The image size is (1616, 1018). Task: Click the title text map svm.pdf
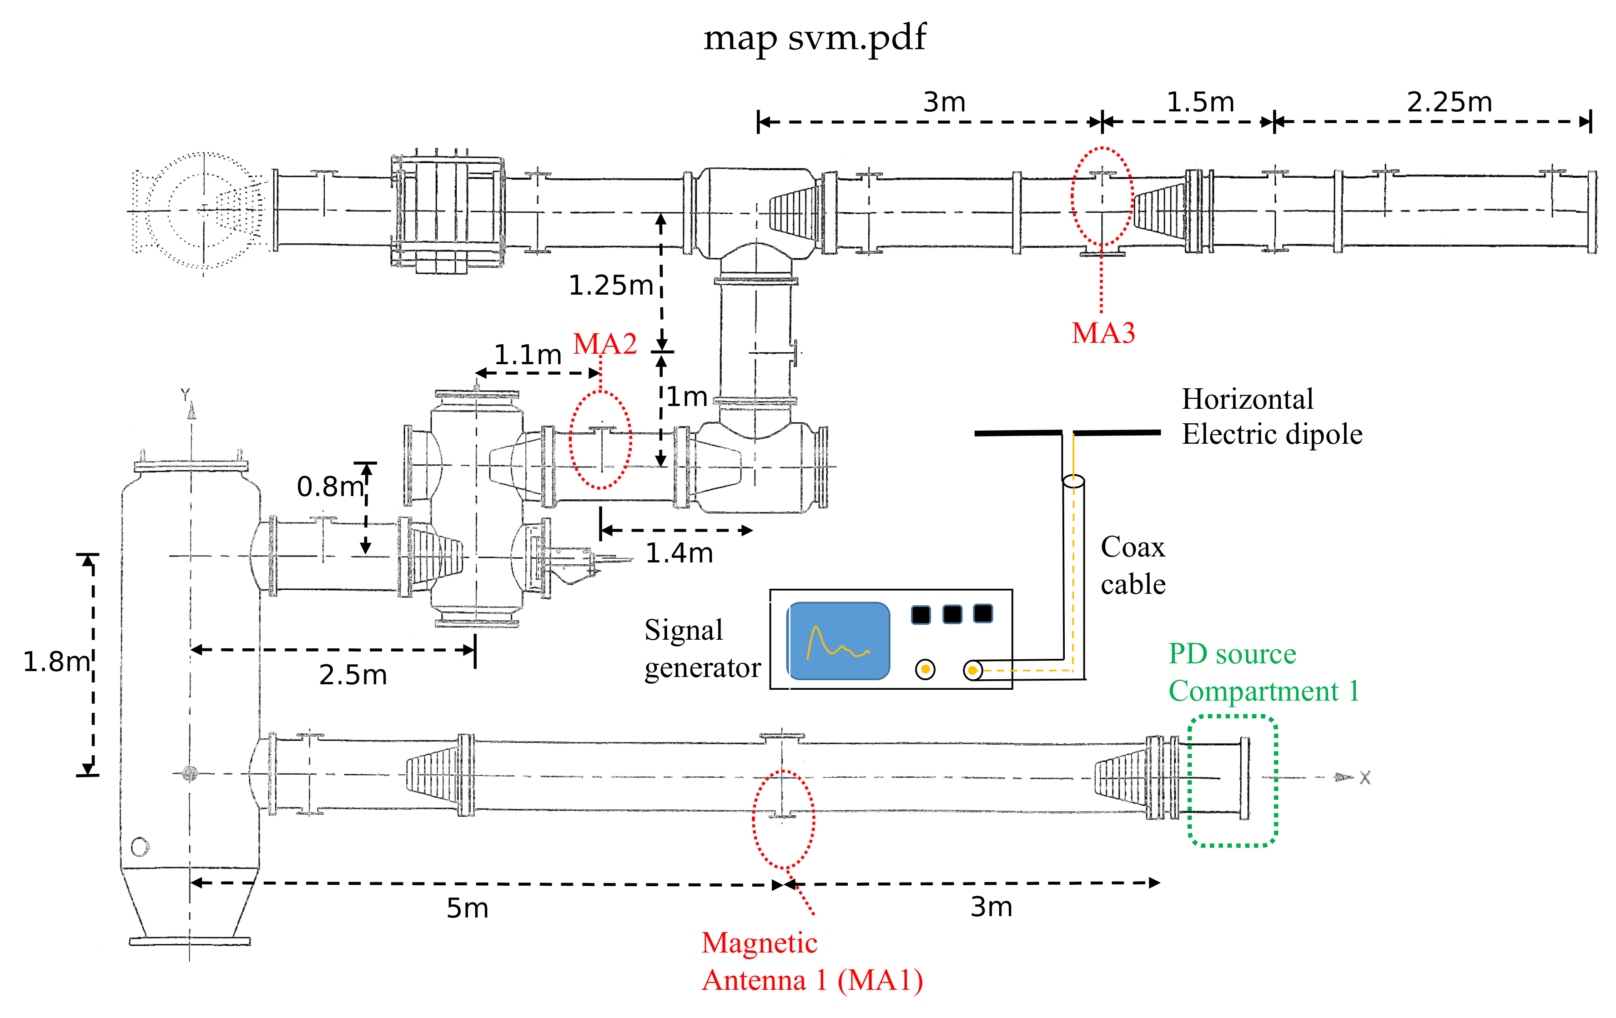[x=814, y=38]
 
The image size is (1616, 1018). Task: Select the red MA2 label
[x=604, y=344]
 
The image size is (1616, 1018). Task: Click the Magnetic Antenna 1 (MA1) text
[x=811, y=961]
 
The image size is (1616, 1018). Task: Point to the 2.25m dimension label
[x=1449, y=102]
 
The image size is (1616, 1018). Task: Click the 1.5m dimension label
[x=1200, y=102]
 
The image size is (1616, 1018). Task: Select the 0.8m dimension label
[x=329, y=486]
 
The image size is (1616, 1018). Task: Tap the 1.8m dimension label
[x=55, y=662]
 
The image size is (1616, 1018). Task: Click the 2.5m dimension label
[x=353, y=674]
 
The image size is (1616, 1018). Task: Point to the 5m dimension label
[x=467, y=908]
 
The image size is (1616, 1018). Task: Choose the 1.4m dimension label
[x=679, y=553]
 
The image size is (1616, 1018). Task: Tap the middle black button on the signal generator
[x=951, y=614]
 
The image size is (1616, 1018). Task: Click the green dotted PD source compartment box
[x=1232, y=781]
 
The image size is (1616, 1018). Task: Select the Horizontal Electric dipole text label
[x=1271, y=416]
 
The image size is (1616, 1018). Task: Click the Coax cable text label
[x=1133, y=565]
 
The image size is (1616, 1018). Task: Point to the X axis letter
[x=1364, y=778]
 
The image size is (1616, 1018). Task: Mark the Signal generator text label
[x=701, y=648]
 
